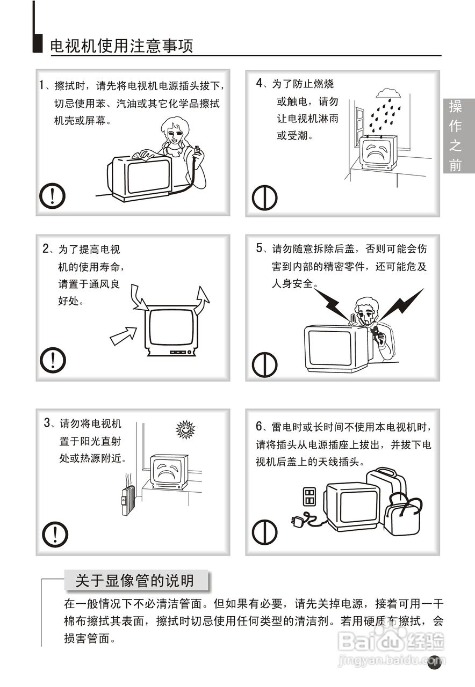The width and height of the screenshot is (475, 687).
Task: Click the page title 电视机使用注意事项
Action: (121, 46)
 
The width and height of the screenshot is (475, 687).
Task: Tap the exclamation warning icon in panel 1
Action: (52, 196)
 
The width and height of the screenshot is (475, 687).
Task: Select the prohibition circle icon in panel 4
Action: (264, 198)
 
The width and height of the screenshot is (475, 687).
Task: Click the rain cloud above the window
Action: (388, 93)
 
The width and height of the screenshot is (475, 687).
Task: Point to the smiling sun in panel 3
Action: (185, 429)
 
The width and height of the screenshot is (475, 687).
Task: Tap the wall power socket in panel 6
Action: (309, 496)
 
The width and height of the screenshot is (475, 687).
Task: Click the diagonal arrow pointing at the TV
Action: (124, 335)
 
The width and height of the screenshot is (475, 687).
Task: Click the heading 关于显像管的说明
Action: (135, 580)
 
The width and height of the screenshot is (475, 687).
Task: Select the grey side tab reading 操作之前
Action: (458, 136)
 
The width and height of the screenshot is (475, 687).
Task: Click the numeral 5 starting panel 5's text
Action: (260, 248)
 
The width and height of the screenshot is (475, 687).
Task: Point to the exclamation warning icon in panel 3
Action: (55, 534)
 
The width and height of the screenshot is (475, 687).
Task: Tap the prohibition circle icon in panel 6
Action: (264, 532)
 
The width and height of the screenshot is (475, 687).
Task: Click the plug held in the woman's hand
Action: (198, 150)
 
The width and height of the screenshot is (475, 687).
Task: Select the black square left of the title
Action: (38, 43)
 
